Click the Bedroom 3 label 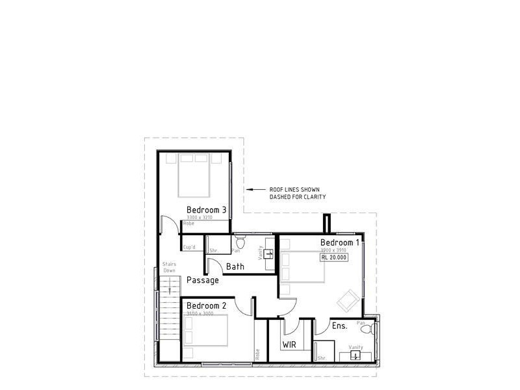click(206, 209)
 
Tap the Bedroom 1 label click(339, 242)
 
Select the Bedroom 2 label click(206, 305)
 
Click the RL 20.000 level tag click(334, 257)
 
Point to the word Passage click(203, 280)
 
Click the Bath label click(235, 266)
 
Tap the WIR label click(289, 344)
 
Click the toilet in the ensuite click(365, 330)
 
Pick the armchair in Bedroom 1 click(346, 300)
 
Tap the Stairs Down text click(169, 268)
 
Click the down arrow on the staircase click(169, 290)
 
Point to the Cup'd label click(190, 247)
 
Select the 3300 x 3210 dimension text click(199, 217)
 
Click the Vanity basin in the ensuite click(355, 355)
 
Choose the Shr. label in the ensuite click(322, 358)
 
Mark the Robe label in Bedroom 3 click(188, 224)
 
